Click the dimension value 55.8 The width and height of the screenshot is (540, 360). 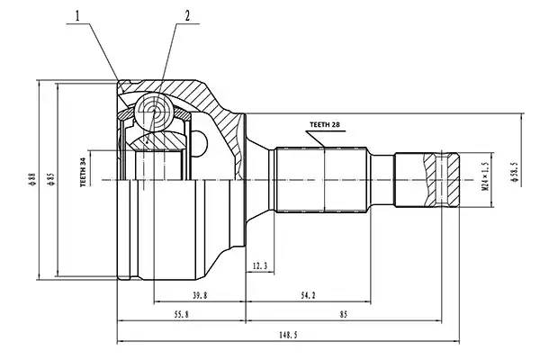click(181, 315)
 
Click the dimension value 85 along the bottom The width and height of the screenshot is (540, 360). click(344, 315)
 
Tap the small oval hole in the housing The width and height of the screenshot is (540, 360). click(202, 142)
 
